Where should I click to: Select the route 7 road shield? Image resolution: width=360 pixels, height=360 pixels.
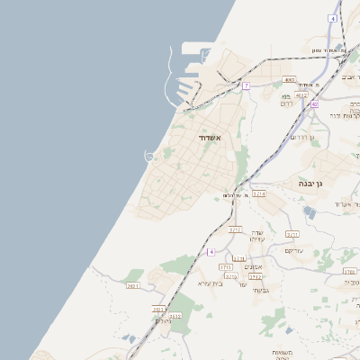point(246,85)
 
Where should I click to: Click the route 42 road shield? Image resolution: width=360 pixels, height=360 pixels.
point(315,104)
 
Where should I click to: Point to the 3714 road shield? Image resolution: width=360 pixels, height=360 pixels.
point(259,193)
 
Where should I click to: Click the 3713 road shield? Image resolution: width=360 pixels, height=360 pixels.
point(226,267)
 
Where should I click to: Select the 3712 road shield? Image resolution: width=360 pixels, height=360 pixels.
point(256,276)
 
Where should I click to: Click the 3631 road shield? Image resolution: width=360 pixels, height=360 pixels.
point(133,286)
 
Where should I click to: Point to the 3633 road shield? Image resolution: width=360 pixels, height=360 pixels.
point(158,309)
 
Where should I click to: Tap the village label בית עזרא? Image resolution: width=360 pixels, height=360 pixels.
point(210,283)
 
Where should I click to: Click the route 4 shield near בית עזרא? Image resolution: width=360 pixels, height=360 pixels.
point(211,252)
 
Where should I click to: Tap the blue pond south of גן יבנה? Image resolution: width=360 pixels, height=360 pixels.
point(310,213)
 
